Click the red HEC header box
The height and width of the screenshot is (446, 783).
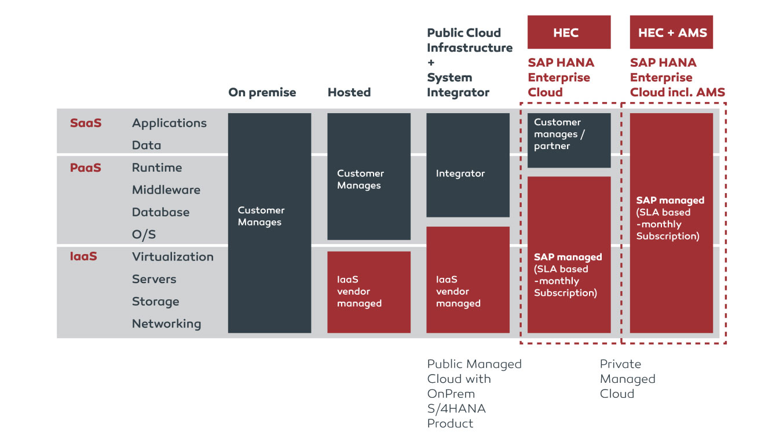tap(569, 32)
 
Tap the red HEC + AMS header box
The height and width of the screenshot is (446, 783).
tap(671, 32)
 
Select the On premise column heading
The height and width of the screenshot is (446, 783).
tap(262, 92)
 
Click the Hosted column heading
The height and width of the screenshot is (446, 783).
tap(349, 92)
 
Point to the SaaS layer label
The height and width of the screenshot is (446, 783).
tap(86, 123)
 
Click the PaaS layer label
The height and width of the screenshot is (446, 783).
tap(86, 168)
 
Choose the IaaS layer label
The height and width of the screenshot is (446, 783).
tap(83, 256)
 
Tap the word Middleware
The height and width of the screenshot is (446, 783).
tap(166, 190)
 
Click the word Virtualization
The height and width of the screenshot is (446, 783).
tap(173, 256)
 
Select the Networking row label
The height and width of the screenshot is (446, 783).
tap(166, 324)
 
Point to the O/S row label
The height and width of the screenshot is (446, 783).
tap(144, 234)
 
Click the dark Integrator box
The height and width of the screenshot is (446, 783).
tap(468, 165)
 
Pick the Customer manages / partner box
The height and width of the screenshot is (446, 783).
tap(569, 140)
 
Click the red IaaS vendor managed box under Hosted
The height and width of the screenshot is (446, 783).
tap(369, 292)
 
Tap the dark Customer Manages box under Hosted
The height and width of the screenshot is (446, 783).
tap(369, 176)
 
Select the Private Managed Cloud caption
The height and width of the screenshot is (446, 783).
tap(627, 379)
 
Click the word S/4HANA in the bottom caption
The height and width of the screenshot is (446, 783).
tap(456, 408)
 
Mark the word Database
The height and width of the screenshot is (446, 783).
tap(160, 212)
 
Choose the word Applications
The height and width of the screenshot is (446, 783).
tap(169, 123)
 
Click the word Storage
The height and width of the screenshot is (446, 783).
tap(155, 302)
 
